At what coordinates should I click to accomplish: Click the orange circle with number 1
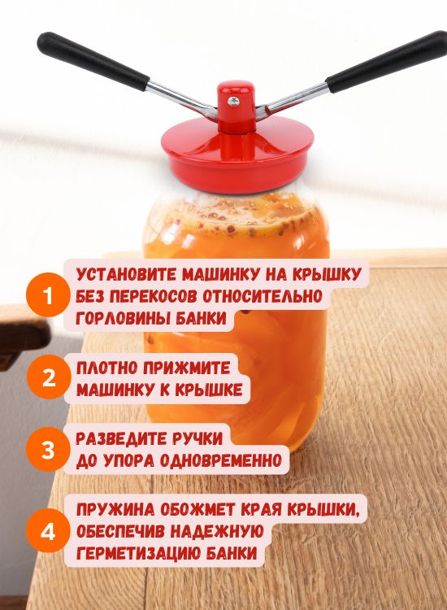coord(48,295)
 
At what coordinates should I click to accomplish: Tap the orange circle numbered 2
coord(49,377)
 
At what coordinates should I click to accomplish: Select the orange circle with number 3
coord(48,450)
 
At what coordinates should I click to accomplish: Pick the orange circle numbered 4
coord(48,530)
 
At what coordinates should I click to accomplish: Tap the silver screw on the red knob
coord(233,102)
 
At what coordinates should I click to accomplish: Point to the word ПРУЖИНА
coord(115,509)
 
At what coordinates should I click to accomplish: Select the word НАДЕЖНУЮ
coord(217,531)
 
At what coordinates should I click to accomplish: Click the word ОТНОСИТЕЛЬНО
coord(263,296)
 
